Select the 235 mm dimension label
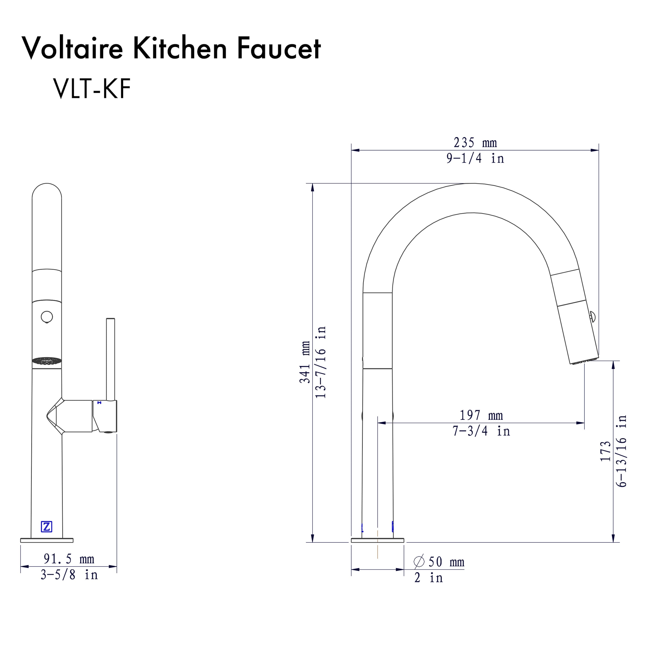(x=475, y=143)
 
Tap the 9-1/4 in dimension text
(x=475, y=158)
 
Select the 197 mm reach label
(x=481, y=415)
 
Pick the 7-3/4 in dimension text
(x=481, y=431)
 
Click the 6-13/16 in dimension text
(x=621, y=451)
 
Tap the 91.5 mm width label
(x=69, y=559)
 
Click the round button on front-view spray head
(x=47, y=316)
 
